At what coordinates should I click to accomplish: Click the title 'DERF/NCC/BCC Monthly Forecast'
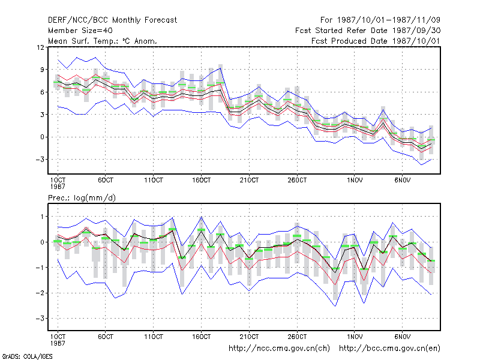112,20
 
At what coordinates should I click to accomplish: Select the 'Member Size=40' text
80,31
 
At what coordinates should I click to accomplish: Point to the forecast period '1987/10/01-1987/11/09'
388,20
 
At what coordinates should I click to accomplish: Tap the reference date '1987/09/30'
416,31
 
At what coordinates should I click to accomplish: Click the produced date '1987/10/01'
416,41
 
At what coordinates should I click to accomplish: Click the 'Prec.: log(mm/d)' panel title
82,198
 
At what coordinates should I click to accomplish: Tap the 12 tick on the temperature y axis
41,47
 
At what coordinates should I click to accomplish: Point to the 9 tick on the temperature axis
42,70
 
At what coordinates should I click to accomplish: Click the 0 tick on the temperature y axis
42,137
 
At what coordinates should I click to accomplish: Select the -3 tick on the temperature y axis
40,160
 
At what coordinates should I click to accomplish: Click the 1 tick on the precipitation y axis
43,217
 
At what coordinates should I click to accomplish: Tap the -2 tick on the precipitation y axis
40,293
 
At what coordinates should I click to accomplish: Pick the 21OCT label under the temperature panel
249,180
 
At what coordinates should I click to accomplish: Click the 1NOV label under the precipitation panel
355,337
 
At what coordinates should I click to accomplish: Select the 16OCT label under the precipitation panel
202,337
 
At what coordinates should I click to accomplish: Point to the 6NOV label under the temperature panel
402,180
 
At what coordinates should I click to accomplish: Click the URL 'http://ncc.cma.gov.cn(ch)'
279,349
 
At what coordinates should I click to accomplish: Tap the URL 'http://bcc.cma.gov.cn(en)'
389,349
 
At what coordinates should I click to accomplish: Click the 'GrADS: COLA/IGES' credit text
27,356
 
